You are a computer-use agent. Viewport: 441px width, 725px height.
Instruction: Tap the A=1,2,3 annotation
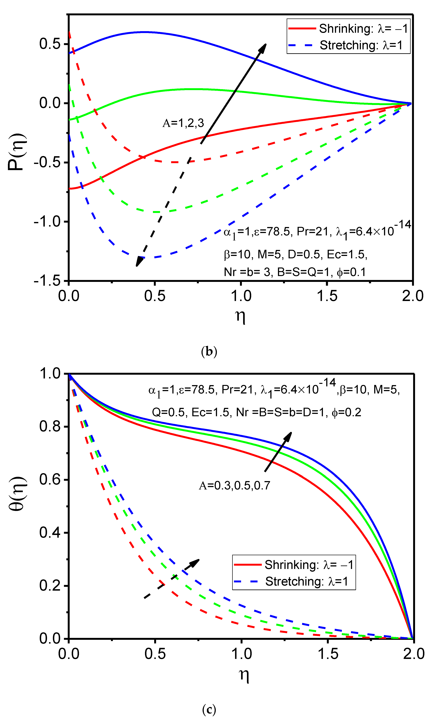[183, 123]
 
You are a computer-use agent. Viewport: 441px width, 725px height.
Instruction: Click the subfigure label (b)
[209, 352]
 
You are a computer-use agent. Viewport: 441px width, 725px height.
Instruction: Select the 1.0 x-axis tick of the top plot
[241, 296]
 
